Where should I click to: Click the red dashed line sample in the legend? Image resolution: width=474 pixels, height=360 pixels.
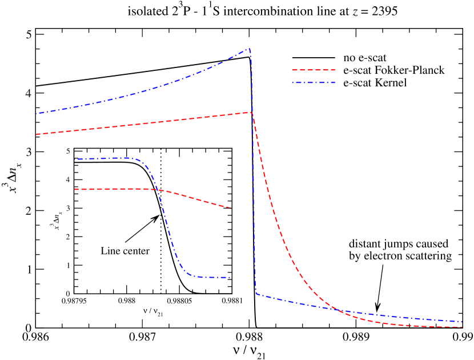pyautogui.click(x=313, y=70)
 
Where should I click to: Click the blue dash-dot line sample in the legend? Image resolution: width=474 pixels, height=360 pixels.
pyautogui.click(x=313, y=83)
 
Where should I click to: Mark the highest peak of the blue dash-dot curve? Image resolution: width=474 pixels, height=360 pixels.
pyautogui.click(x=249, y=49)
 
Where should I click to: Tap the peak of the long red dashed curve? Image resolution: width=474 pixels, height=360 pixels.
pyautogui.click(x=251, y=112)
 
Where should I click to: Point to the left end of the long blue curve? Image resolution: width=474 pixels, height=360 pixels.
pyautogui.click(x=37, y=114)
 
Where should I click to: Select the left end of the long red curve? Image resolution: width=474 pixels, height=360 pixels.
pyautogui.click(x=37, y=134)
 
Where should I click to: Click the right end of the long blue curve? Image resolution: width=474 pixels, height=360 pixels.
pyautogui.click(x=461, y=321)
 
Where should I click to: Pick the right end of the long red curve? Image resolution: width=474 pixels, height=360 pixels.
pyautogui.click(x=461, y=327)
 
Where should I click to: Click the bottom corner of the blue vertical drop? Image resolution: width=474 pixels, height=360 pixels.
pyautogui.click(x=256, y=293)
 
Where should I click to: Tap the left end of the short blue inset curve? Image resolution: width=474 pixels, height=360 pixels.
pyautogui.click(x=75, y=159)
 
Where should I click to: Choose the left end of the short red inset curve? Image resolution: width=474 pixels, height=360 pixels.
pyautogui.click(x=75, y=189)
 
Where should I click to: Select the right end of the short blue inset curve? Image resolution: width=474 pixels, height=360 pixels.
pyautogui.click(x=230, y=277)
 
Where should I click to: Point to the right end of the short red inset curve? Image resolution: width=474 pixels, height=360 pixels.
pyautogui.click(x=230, y=208)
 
